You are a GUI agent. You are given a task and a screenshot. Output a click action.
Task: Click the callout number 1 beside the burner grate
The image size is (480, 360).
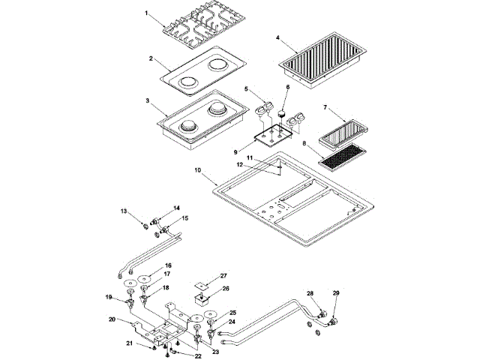click(x=146, y=13)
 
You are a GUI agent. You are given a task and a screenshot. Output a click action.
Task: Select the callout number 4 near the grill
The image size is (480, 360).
click(x=277, y=37)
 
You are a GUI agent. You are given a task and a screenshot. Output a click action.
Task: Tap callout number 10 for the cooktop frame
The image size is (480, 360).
click(x=198, y=170)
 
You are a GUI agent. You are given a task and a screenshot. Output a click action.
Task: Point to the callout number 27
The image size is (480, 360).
click(x=223, y=276)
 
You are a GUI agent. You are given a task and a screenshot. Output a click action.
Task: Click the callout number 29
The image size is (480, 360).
click(x=336, y=293)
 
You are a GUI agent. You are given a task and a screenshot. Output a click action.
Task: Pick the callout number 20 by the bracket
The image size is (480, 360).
click(x=112, y=319)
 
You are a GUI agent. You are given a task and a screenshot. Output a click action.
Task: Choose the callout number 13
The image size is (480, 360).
click(x=123, y=211)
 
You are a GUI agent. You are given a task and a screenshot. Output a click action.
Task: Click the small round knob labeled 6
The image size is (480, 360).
click(x=282, y=115)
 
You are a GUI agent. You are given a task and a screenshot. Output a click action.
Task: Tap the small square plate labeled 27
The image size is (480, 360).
click(x=201, y=285)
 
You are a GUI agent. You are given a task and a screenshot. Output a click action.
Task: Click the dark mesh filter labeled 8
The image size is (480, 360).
click(x=342, y=156)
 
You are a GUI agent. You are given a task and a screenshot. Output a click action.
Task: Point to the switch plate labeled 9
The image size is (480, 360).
click(x=273, y=136)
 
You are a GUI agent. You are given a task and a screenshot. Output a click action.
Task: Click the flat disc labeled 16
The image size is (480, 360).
click(x=144, y=279)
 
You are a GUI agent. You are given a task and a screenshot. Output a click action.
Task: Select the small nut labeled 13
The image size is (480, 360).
click(x=146, y=226)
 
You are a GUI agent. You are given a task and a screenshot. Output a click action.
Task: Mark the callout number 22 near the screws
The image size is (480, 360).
click(x=198, y=356)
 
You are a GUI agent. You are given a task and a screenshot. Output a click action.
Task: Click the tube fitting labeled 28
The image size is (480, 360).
click(x=322, y=314)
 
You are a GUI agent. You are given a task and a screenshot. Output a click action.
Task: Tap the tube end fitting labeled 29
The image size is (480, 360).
click(x=332, y=322)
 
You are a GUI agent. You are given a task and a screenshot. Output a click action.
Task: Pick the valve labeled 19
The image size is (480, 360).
click(x=130, y=303)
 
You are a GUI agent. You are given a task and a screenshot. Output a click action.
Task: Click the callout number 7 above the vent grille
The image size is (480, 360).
click(x=325, y=107)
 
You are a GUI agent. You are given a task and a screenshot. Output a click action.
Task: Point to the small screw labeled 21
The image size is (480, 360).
click(x=154, y=348)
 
